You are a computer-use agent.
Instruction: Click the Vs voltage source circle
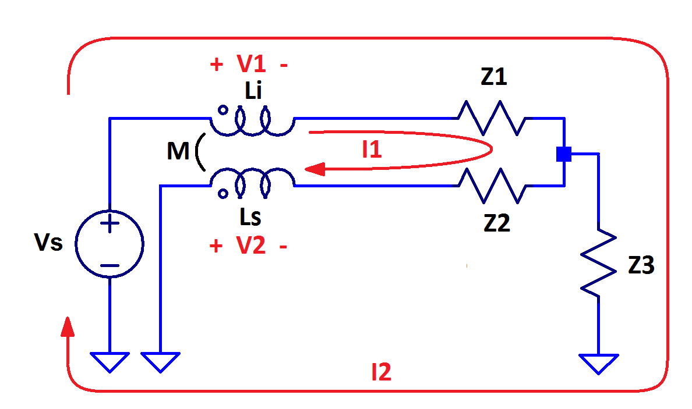click(x=110, y=243)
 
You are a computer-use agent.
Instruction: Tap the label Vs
click(x=48, y=242)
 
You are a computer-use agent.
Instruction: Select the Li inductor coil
click(x=252, y=120)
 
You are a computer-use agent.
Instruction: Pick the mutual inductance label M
click(x=178, y=152)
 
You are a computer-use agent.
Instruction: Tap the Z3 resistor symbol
click(x=598, y=264)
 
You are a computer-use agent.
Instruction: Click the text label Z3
click(x=641, y=266)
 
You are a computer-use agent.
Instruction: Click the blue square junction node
click(x=563, y=154)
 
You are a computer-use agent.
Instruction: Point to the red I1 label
click(x=372, y=150)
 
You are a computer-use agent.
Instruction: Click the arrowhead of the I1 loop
click(x=315, y=169)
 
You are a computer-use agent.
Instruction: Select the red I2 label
click(x=382, y=372)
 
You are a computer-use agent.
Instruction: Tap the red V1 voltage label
click(x=250, y=65)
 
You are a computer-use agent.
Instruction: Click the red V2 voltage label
click(x=250, y=246)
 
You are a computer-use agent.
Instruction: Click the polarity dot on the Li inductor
click(x=222, y=109)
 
